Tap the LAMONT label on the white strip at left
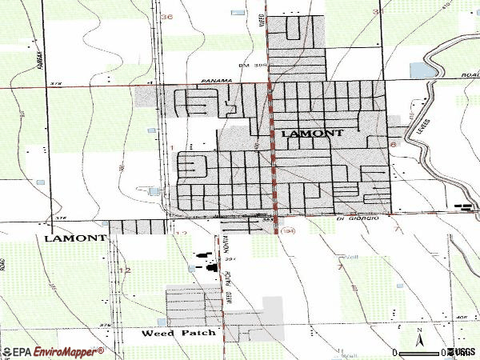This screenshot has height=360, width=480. [75, 238]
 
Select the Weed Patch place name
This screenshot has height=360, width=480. [179, 332]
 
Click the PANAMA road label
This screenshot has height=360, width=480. [216, 81]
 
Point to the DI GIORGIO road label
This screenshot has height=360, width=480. [356, 218]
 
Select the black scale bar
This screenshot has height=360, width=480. [419, 352]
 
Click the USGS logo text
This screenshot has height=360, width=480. [462, 352]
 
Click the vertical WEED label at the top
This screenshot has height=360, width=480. [262, 19]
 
